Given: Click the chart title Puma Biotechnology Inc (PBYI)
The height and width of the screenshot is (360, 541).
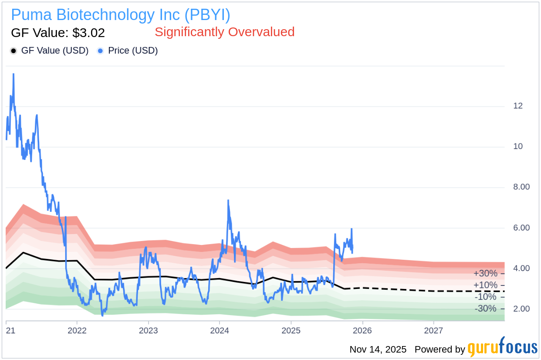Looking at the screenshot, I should tap(120, 15).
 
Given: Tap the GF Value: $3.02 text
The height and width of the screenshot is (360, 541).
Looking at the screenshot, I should tap(58, 33).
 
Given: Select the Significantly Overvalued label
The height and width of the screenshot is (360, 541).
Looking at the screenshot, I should tap(224, 32).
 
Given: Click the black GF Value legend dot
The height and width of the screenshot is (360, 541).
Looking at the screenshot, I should tap(14, 51).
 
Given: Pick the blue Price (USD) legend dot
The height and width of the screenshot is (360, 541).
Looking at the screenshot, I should tap(101, 51).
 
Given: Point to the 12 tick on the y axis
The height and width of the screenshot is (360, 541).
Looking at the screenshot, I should tap(518, 106).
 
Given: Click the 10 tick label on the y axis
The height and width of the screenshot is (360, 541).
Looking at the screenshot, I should tap(518, 146).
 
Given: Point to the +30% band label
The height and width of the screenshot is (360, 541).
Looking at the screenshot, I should tap(485, 274).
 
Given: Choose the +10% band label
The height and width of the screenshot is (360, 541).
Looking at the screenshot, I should tap(485, 285).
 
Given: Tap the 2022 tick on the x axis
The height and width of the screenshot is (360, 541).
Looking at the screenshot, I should tap(77, 330).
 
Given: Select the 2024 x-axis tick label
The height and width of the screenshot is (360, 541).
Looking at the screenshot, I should tap(220, 330).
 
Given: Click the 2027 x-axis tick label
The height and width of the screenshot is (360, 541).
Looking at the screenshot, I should tap(434, 330).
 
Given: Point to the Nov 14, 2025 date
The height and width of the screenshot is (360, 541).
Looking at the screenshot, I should tap(378, 350).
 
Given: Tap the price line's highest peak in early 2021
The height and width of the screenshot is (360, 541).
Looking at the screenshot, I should tap(14, 74).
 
